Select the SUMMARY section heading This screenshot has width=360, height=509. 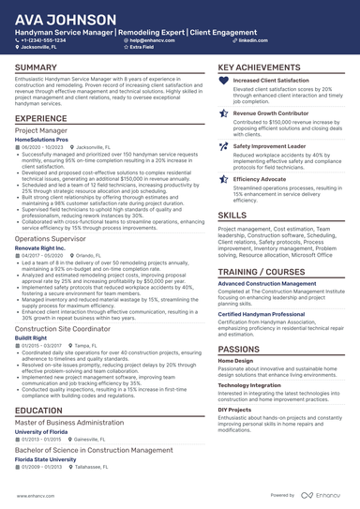(x=37, y=68)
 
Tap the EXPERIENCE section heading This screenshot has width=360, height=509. (x=41, y=119)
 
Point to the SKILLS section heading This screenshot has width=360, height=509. (x=232, y=215)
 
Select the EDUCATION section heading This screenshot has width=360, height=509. (x=39, y=411)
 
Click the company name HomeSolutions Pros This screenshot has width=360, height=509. (x=41, y=140)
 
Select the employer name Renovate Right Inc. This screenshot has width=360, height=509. (x=40, y=248)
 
